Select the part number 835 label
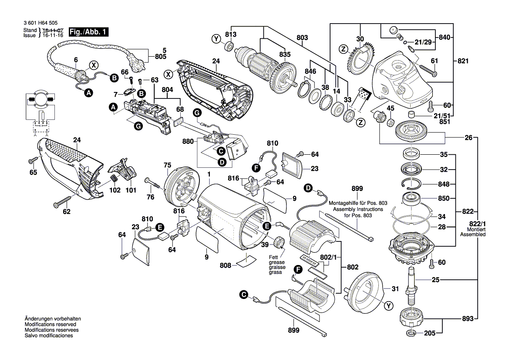(285, 54)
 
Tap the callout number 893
(467, 319)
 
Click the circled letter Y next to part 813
(216, 39)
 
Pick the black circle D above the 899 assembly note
(308, 188)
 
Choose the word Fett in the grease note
(273, 257)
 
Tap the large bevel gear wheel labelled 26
(411, 132)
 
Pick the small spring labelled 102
(114, 178)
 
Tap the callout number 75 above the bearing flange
(168, 165)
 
